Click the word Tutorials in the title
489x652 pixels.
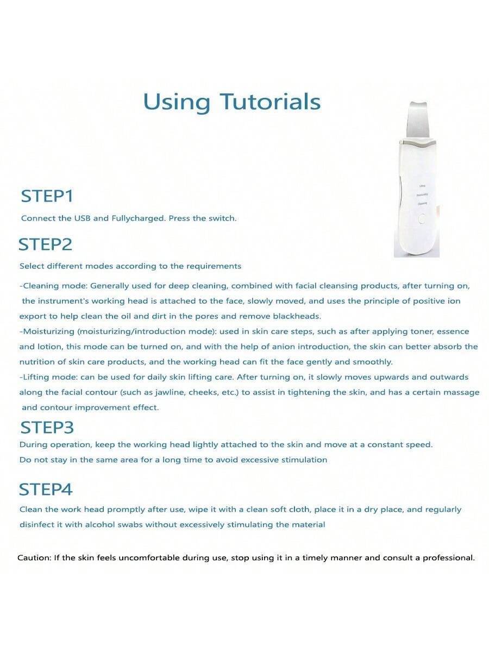(270, 102)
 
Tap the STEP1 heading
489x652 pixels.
(47, 196)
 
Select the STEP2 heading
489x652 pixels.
(45, 244)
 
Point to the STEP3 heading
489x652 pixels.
(47, 428)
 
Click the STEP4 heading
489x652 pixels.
(46, 490)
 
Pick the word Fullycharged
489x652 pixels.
(138, 218)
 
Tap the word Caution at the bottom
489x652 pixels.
(34, 557)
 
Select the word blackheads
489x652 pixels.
(300, 316)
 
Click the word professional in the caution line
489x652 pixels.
(448, 557)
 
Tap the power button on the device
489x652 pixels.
(422, 220)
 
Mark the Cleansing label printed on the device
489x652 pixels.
(422, 203)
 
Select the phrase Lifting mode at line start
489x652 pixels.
(46, 377)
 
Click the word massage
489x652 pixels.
(461, 392)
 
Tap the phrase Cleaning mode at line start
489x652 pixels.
(53, 286)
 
